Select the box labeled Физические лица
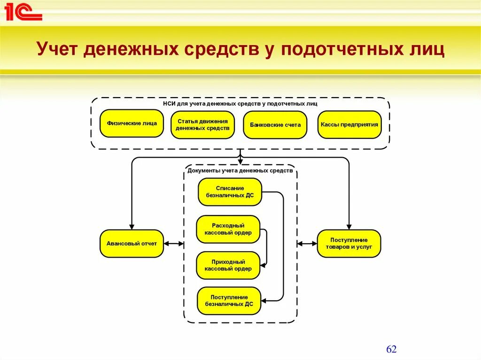(132, 124)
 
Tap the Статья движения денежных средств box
(202, 125)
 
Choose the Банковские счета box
(275, 125)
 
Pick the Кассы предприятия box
(349, 125)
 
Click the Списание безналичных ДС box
(230, 192)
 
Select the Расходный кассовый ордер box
(228, 230)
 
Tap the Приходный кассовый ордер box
(228, 266)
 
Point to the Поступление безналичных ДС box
(229, 301)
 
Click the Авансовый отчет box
(132, 244)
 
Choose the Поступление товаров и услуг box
(349, 244)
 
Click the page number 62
(391, 350)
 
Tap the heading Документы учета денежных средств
(240, 171)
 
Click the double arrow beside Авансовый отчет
(173, 244)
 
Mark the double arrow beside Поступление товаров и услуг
(307, 244)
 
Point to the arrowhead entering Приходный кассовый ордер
(263, 266)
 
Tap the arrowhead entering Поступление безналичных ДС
(264, 301)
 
